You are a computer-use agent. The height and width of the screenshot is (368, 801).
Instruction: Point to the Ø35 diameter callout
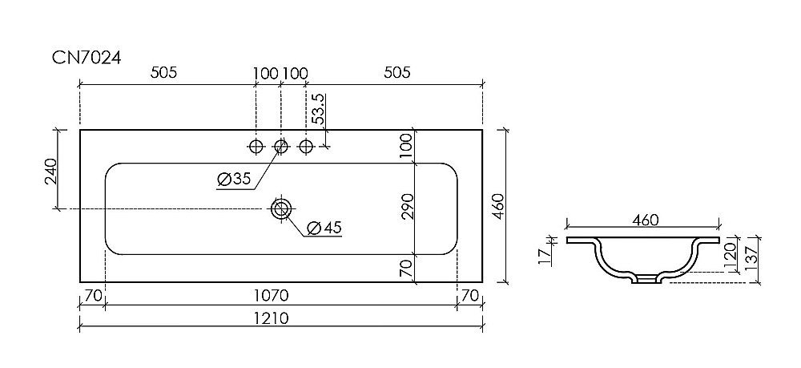234,180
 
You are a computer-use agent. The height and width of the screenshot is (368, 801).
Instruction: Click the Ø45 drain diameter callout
324,228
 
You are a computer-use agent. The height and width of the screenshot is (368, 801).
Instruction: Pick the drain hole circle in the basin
280,209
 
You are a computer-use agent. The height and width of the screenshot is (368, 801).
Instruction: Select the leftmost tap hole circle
256,146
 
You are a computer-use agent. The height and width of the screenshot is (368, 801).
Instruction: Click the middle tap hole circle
280,146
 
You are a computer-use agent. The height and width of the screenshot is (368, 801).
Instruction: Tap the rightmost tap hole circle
305,146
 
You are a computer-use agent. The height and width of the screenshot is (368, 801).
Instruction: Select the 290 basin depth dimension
406,207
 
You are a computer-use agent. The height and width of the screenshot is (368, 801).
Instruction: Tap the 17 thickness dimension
544,257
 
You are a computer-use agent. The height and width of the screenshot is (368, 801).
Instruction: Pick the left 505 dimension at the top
163,73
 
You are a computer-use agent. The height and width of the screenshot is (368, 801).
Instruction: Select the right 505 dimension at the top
396,73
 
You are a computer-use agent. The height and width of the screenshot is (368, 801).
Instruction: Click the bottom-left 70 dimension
93,296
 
